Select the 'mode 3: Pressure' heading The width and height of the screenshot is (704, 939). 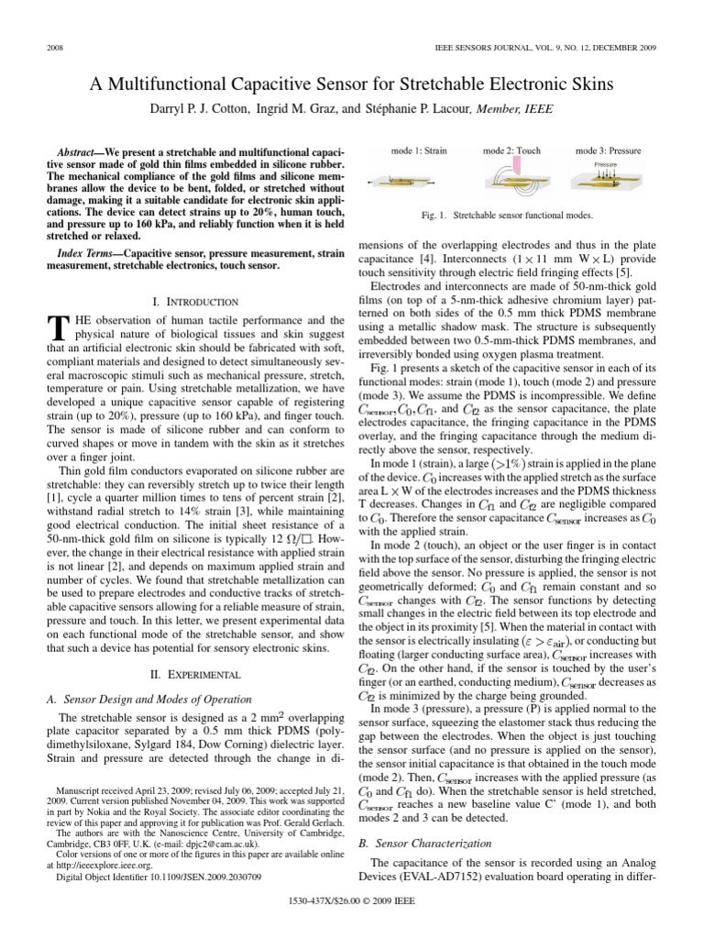pyautogui.click(x=608, y=150)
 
